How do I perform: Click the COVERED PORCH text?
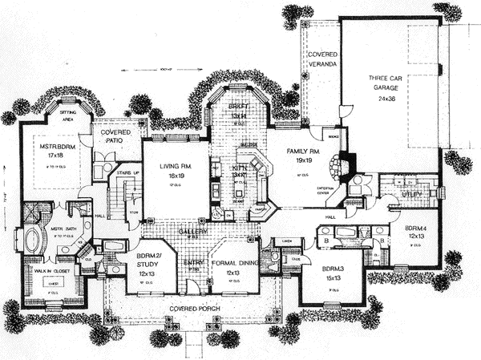(x=190, y=308)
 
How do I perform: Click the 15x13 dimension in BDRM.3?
(x=330, y=278)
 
